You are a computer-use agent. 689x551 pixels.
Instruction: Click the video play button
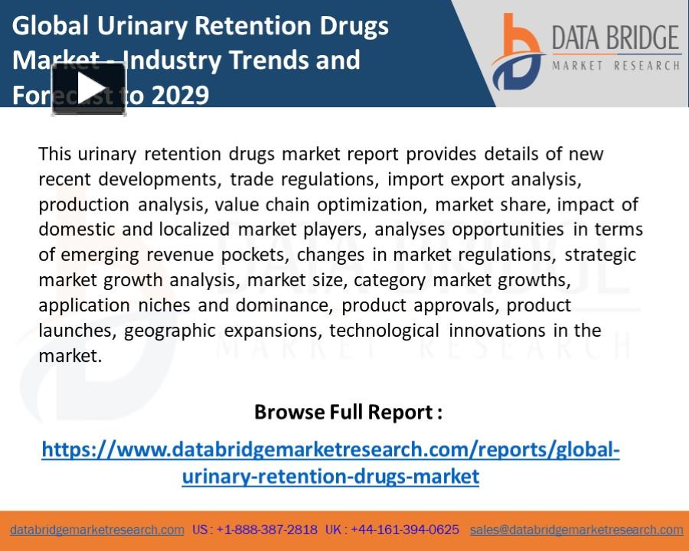tap(89, 89)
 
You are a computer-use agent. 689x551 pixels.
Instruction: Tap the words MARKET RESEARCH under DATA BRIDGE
tap(616, 66)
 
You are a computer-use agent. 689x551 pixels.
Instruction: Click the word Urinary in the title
tap(142, 26)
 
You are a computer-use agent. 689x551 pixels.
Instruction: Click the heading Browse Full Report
tap(348, 412)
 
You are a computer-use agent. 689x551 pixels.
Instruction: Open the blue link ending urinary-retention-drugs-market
tap(331, 476)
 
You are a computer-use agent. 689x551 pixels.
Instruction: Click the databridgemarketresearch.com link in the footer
tap(97, 530)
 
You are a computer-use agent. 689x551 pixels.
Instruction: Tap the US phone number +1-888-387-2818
tap(266, 530)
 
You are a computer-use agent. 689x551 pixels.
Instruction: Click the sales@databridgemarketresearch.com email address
tap(576, 530)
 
